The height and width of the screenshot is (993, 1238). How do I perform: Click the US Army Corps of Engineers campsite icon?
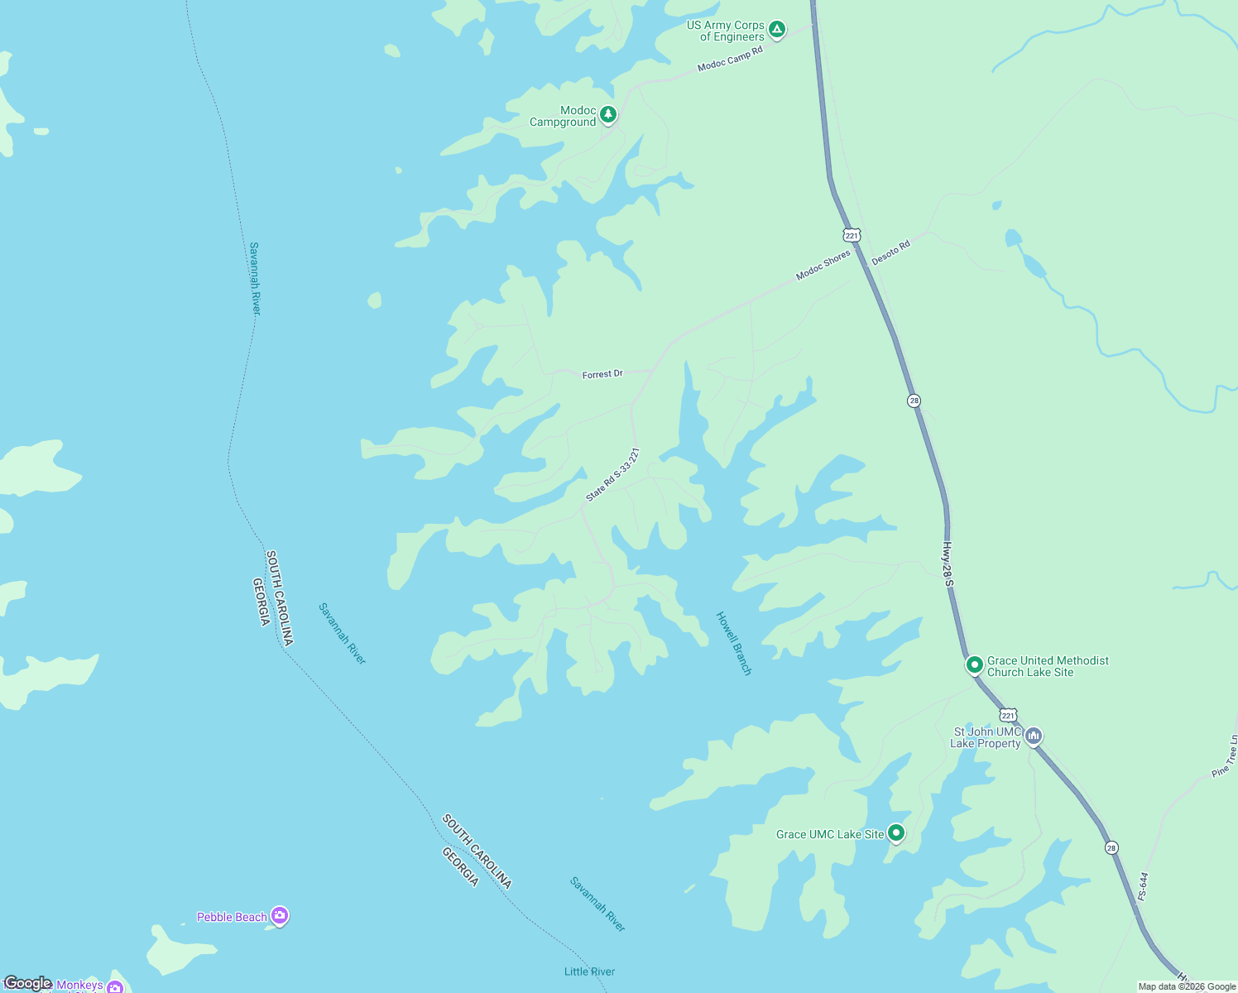[x=776, y=30]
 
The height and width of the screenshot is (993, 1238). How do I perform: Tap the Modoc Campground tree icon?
[x=608, y=114]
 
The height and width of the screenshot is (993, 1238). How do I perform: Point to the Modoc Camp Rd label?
[x=730, y=59]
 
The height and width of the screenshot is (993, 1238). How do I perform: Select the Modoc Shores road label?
[x=823, y=266]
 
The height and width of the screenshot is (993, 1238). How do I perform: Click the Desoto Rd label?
[x=890, y=252]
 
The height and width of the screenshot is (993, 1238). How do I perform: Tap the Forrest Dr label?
[x=602, y=374]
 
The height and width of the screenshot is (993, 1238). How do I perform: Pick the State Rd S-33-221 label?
[x=612, y=475]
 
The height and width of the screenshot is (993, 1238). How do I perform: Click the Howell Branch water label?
[x=734, y=643]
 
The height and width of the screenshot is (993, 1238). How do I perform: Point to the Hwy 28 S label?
[x=948, y=565]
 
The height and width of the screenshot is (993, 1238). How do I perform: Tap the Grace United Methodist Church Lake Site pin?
[x=975, y=664]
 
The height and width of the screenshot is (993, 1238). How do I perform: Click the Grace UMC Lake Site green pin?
[x=895, y=832]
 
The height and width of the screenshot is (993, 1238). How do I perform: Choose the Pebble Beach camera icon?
[x=280, y=915]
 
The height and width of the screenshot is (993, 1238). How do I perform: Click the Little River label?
[x=589, y=971]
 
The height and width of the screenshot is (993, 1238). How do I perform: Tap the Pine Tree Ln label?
[x=1226, y=756]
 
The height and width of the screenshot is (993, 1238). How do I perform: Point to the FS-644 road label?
[x=1143, y=885]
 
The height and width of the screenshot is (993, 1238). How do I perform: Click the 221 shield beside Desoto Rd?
[x=852, y=234]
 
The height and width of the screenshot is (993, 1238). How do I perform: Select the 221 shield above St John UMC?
[x=1007, y=715]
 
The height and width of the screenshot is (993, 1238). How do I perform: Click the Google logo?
[x=27, y=983]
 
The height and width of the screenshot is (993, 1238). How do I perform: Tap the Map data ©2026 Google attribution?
[x=1187, y=986]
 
